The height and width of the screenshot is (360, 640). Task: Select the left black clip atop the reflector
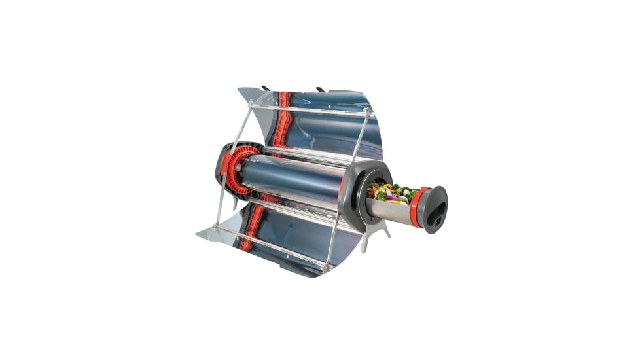pos(265,87)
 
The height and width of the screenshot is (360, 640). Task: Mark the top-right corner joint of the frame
pos(370,113)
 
